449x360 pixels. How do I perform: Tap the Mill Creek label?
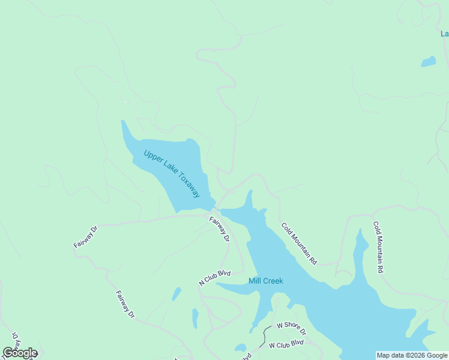(x=265, y=281)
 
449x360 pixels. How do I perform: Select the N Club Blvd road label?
(x=215, y=277)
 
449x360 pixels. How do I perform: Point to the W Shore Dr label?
(x=291, y=329)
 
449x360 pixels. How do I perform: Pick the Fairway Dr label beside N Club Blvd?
(x=220, y=229)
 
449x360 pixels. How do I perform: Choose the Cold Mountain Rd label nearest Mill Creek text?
(x=299, y=244)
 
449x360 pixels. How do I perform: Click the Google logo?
(x=20, y=353)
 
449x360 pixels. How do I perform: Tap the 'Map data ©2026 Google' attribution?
(x=412, y=355)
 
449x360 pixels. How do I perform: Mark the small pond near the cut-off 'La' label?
(x=429, y=61)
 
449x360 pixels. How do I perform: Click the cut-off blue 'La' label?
(x=444, y=34)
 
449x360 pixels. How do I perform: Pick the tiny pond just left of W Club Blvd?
(x=240, y=347)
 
